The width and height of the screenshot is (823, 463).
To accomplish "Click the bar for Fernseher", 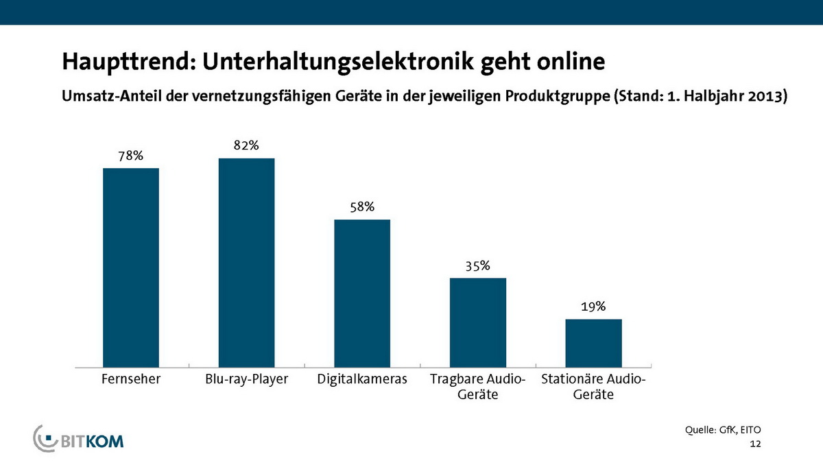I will click(130, 268).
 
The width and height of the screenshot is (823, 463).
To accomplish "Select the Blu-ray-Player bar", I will click(246, 263).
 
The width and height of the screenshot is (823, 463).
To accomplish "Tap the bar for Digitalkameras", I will click(361, 293).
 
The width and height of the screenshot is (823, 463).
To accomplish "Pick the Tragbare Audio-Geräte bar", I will click(477, 322).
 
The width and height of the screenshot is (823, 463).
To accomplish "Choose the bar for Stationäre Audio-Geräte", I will click(593, 343).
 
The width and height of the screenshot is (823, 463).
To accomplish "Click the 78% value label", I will click(130, 156).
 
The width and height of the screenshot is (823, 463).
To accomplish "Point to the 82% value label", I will click(246, 145).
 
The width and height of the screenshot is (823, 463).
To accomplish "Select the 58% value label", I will click(361, 206).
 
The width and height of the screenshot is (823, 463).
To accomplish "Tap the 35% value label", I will click(477, 265).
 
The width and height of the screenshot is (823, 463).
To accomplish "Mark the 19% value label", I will click(593, 307).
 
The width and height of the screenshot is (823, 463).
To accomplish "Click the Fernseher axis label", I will click(131, 379).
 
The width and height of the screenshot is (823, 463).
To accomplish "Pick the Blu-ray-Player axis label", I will click(246, 379).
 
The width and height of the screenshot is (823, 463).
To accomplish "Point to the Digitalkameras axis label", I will click(362, 379).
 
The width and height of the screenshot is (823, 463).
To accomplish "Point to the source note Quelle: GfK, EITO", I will click(723, 430).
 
